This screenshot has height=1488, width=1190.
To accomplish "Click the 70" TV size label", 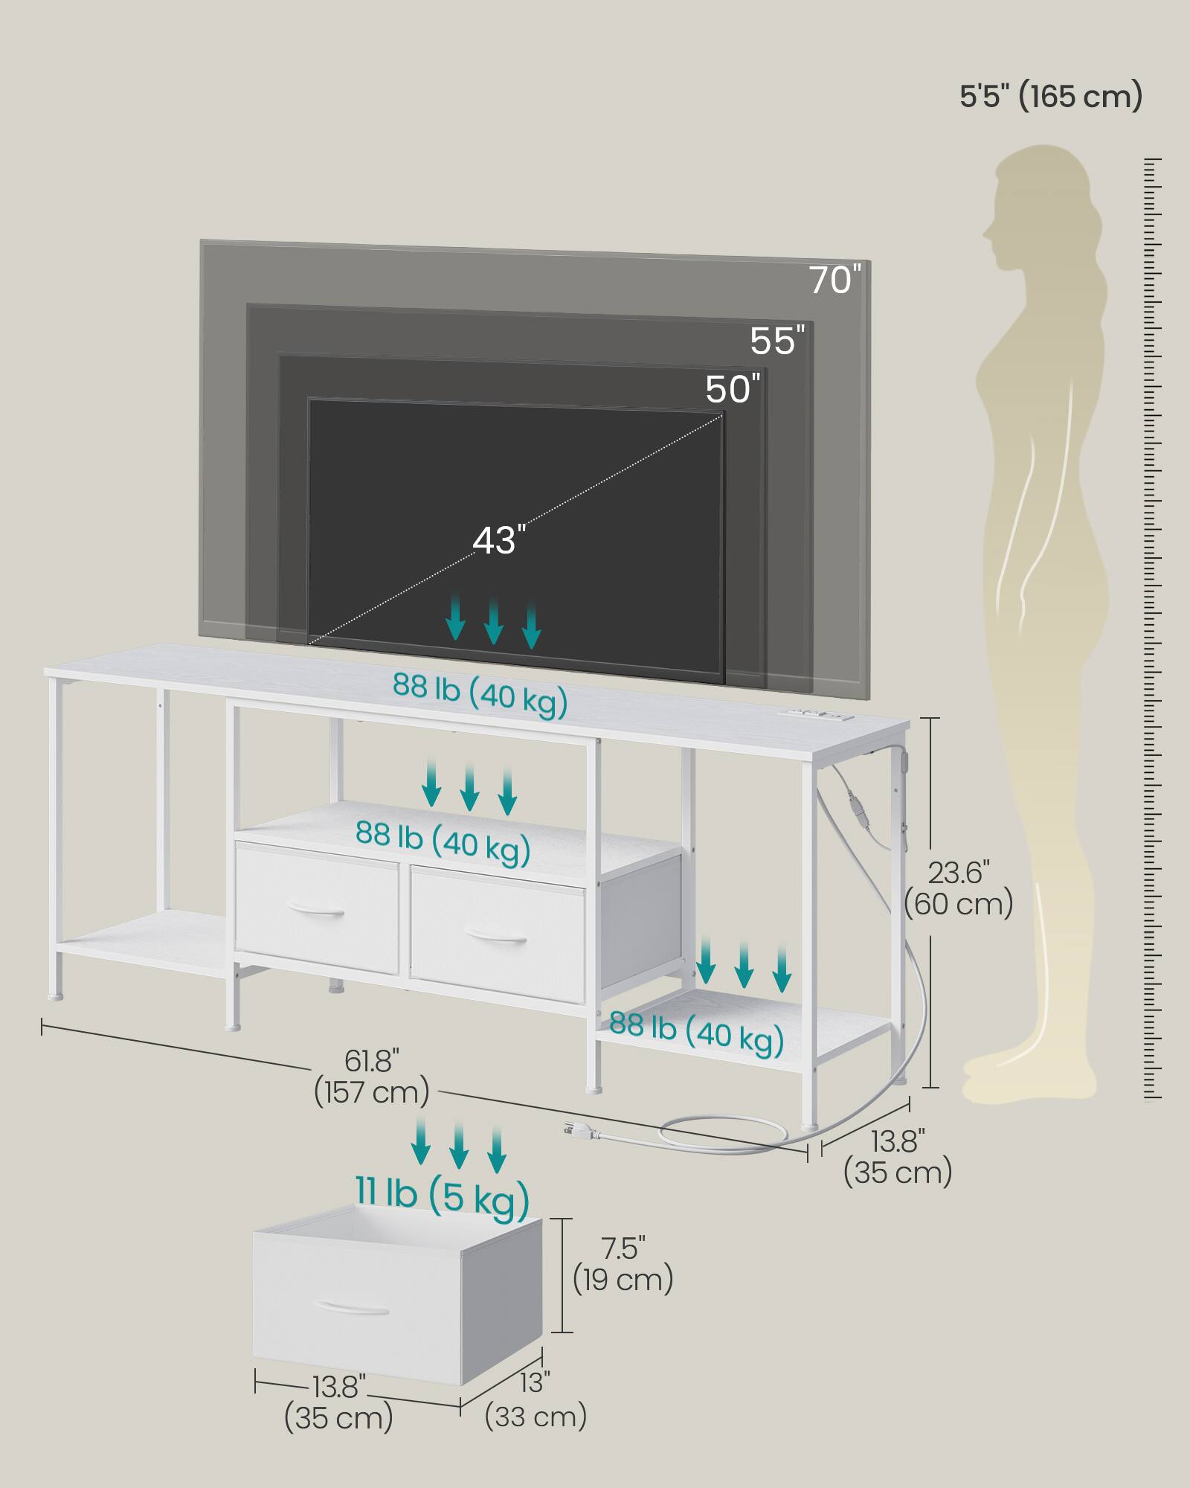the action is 835,279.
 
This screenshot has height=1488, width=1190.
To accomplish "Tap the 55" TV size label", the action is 777,340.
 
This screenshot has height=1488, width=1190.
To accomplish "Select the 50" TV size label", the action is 733,388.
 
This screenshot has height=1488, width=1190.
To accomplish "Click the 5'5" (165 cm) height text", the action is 1051,96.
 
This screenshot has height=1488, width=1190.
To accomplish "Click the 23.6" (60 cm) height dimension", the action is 959,888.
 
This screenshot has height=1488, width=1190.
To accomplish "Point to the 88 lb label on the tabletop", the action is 480,696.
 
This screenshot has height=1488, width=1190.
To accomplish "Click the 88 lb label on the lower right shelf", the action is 697,1033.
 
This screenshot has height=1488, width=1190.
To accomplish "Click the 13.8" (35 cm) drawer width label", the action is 339,1401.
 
